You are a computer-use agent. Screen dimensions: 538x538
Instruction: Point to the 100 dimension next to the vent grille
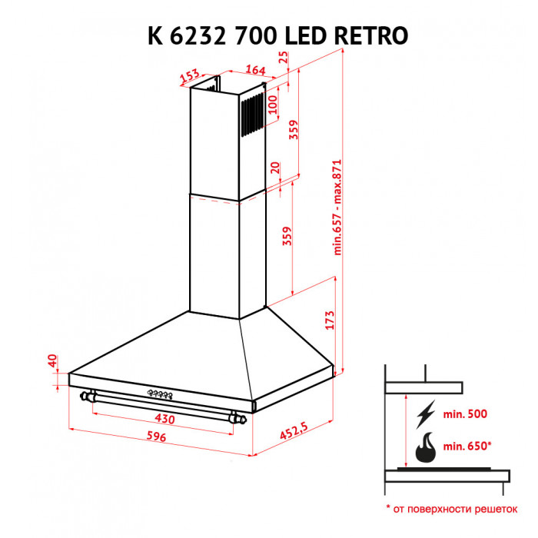[x=272, y=103]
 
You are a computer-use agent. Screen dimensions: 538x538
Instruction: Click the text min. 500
[x=465, y=414]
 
